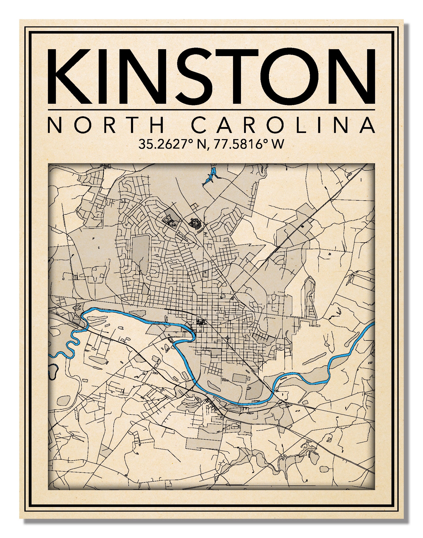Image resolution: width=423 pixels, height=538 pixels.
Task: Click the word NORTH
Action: pos(106,125)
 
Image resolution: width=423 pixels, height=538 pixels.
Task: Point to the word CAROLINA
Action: pos(283,125)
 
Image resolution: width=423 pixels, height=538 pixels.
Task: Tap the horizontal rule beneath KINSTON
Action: pos(211,110)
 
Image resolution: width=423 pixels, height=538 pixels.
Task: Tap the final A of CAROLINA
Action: pos(367,125)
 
